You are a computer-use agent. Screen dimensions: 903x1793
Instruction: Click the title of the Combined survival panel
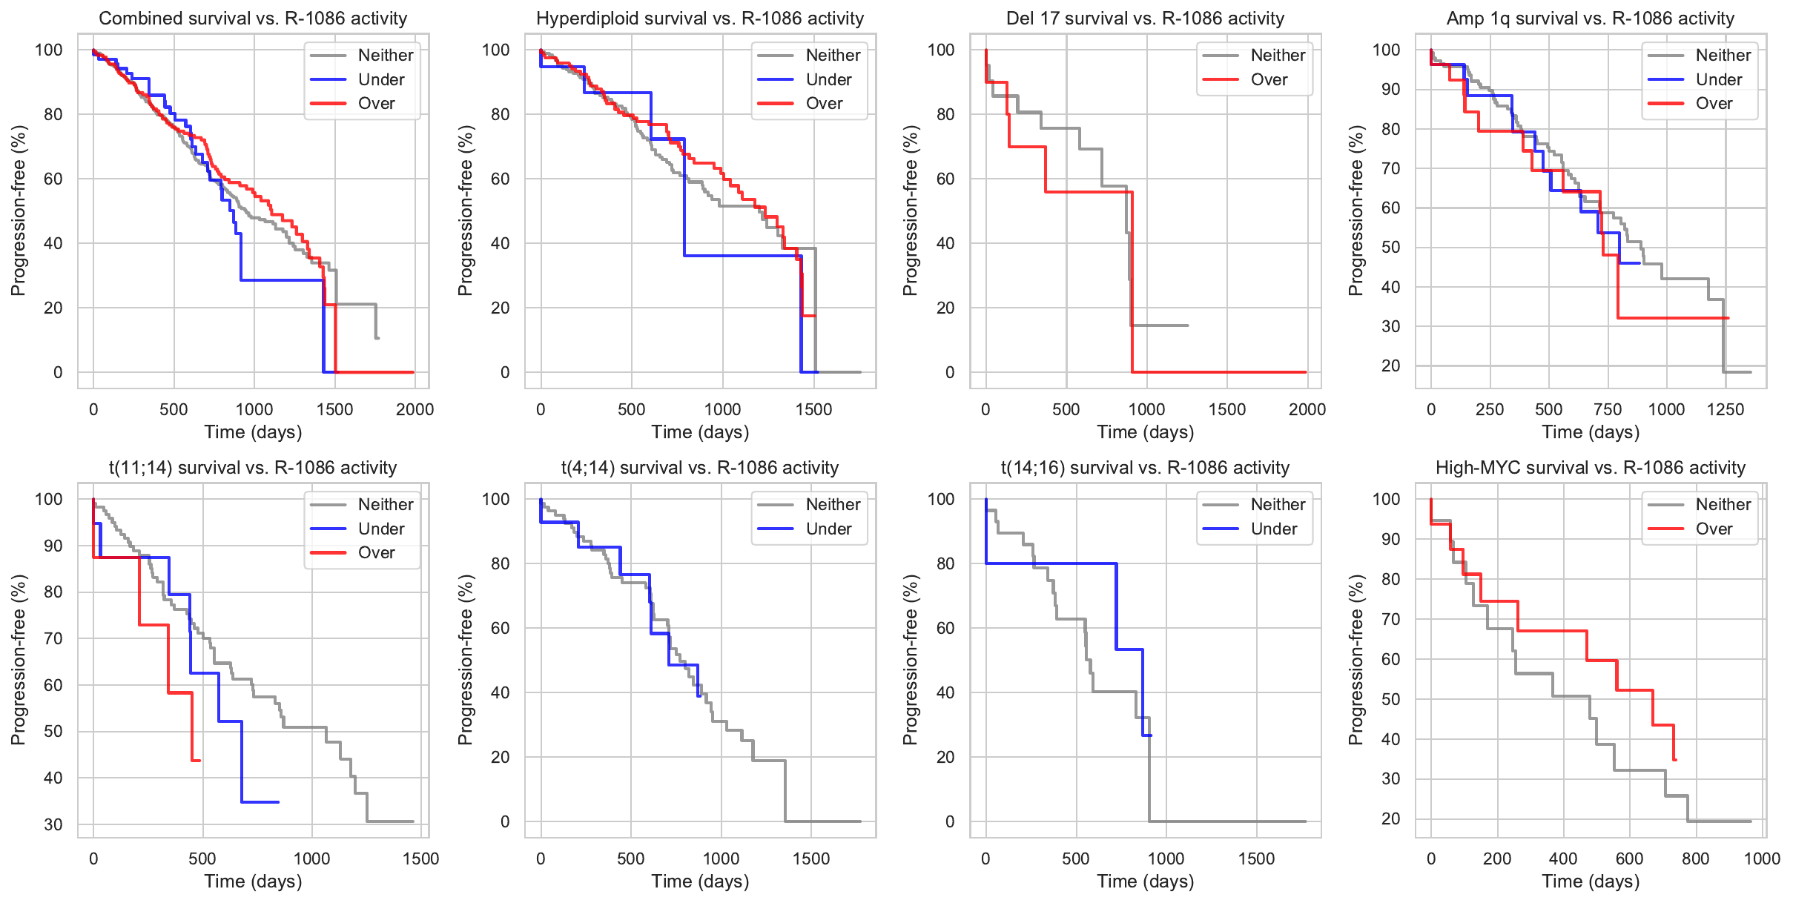(x=253, y=19)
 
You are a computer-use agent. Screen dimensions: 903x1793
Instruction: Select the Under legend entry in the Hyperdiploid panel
(x=828, y=79)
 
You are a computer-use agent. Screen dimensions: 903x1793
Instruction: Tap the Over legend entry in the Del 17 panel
(x=1269, y=79)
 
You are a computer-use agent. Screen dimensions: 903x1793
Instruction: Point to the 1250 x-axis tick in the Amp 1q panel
(x=1725, y=409)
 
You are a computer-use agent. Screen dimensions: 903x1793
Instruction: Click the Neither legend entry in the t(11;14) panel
(x=385, y=504)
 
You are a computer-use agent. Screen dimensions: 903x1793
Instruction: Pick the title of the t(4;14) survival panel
(x=699, y=468)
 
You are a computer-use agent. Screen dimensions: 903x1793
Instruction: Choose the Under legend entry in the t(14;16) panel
(x=1273, y=529)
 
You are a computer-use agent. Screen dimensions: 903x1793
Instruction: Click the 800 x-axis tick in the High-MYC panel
(x=1695, y=859)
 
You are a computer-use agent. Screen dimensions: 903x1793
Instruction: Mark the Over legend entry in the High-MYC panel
(x=1714, y=529)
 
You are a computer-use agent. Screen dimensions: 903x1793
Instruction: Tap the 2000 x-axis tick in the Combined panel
(x=415, y=409)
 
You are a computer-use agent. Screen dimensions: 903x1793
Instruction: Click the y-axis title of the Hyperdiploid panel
(x=465, y=210)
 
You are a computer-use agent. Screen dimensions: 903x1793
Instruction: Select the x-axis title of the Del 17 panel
(x=1145, y=432)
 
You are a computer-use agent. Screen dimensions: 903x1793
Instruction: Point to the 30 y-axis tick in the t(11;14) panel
(x=53, y=824)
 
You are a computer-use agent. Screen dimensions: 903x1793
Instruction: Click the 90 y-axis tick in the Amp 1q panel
(x=1387, y=90)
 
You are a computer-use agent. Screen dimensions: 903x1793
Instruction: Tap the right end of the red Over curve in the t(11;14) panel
(x=200, y=761)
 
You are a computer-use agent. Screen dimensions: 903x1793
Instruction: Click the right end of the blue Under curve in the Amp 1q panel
(x=1640, y=263)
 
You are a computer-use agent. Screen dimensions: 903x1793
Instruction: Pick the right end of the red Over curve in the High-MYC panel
(x=1675, y=759)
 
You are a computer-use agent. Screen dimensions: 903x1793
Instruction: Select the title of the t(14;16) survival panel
(x=1145, y=468)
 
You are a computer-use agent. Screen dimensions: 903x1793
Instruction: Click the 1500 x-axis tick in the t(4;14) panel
(x=811, y=859)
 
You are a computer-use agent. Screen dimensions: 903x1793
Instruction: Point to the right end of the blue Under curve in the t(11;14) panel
(x=278, y=801)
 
